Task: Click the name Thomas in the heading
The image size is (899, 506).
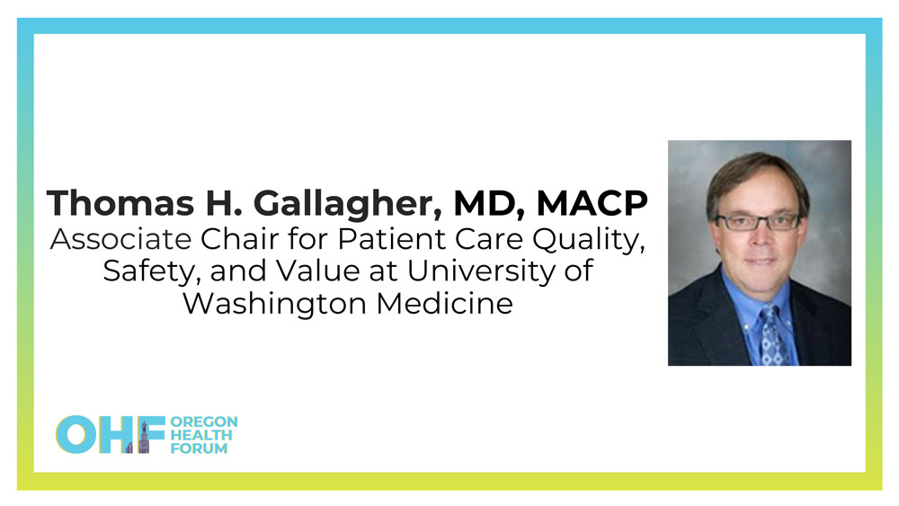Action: (121, 203)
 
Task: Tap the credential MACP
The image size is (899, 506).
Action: (592, 203)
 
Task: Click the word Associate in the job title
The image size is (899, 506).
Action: (120, 239)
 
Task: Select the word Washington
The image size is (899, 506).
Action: (274, 305)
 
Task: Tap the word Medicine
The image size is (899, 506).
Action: (445, 304)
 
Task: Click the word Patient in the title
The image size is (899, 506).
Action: (392, 239)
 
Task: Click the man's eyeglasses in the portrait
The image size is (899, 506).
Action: (757, 221)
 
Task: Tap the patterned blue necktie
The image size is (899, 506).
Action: (772, 336)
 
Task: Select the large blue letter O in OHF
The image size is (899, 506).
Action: (76, 434)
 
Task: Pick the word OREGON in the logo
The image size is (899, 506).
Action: (204, 422)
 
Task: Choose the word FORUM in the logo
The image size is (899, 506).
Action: (199, 448)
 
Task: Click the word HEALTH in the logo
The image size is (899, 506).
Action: (201, 435)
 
